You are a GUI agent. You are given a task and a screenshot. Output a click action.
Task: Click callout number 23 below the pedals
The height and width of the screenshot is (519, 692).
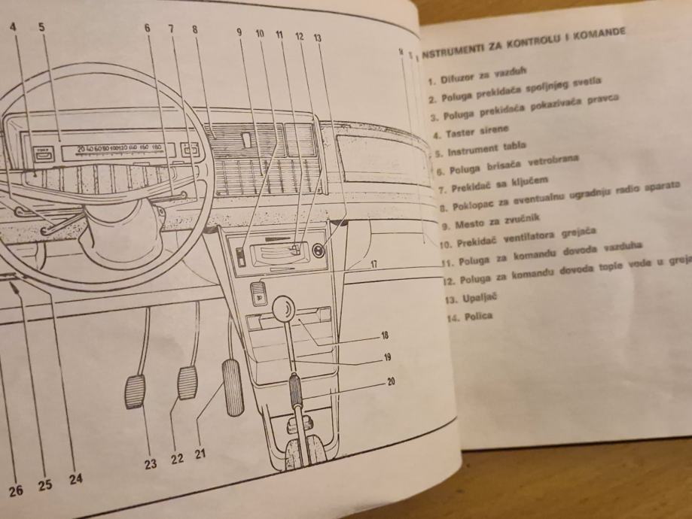tap(151, 464)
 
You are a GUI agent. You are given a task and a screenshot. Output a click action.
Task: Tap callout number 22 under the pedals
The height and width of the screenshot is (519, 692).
tap(177, 459)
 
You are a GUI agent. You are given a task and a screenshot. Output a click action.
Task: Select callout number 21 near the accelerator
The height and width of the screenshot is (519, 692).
tap(201, 454)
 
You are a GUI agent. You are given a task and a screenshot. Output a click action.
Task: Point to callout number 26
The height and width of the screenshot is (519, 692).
tap(17, 490)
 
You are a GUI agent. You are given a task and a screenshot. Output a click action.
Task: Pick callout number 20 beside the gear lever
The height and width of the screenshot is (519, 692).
tap(391, 381)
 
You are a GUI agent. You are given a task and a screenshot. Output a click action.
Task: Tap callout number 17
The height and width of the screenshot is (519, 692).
tap(373, 264)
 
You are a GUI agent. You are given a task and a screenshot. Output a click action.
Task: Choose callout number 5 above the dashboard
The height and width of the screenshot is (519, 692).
tap(41, 27)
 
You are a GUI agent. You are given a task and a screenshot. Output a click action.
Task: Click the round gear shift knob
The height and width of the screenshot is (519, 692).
tap(284, 309)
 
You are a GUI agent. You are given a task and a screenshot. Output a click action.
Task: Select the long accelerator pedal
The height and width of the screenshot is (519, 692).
tap(233, 387)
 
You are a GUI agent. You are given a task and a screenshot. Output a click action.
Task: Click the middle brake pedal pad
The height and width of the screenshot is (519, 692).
tap(187, 383)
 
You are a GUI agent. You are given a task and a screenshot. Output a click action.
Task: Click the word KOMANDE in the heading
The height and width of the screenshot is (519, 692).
tap(604, 33)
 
